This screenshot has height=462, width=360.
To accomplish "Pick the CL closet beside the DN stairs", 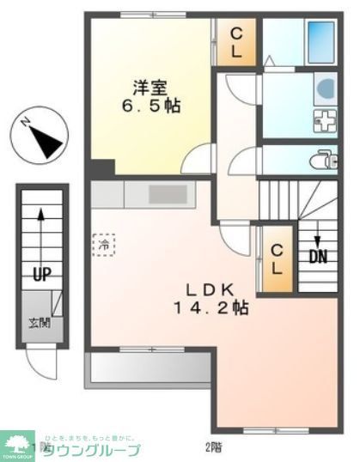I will [x=276, y=258].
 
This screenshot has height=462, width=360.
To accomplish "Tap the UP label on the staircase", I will [x=40, y=275].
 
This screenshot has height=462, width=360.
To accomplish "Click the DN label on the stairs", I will [x=317, y=255].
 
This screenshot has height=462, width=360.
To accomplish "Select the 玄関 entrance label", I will [x=39, y=323].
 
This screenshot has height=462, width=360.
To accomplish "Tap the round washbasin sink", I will [x=326, y=88].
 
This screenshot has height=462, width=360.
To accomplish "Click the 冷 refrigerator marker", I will [x=103, y=244].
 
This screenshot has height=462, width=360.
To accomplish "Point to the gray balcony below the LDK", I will [x=147, y=369].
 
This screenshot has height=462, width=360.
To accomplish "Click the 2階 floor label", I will [x=211, y=447].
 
